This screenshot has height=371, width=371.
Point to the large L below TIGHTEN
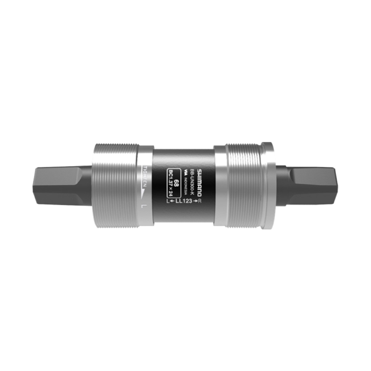(x=143, y=206)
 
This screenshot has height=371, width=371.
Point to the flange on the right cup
(x=267, y=185)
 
